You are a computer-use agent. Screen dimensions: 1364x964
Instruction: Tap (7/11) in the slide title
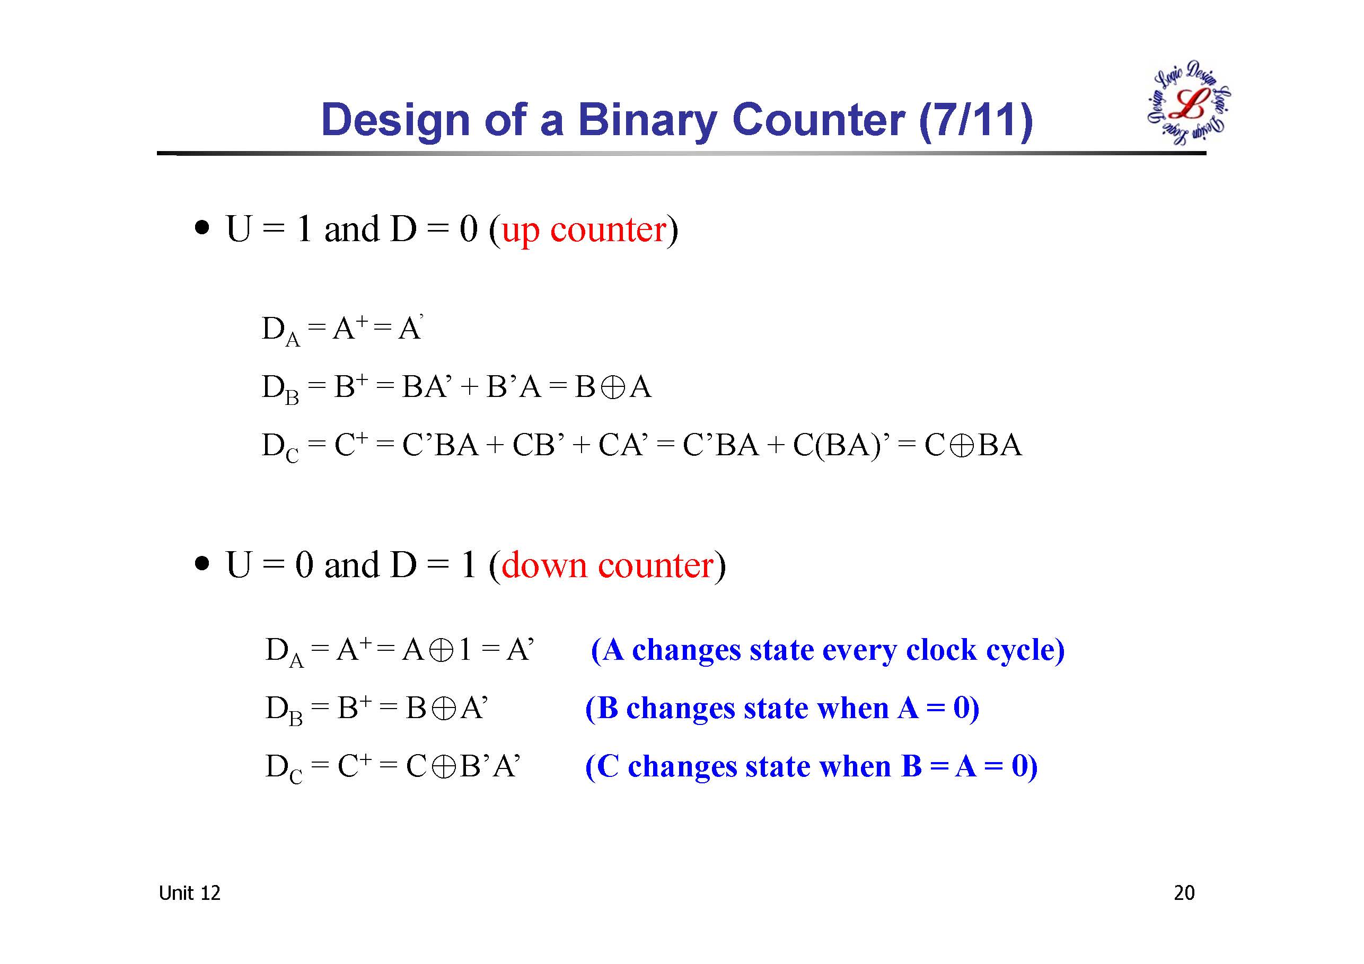coord(975,120)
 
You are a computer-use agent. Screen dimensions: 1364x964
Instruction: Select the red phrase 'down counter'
coord(608,565)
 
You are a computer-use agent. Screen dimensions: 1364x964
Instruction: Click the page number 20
coord(1184,893)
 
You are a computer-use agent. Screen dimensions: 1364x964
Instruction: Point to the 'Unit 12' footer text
coord(189,893)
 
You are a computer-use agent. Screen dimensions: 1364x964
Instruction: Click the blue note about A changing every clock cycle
coord(828,650)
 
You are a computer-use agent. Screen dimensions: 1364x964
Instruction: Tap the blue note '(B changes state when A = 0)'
coord(782,708)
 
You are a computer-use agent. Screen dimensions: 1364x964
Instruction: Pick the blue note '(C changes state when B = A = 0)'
coord(812,766)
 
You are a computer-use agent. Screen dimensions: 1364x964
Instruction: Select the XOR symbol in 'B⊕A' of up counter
coord(612,388)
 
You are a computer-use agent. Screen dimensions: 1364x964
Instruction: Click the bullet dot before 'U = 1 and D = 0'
coord(203,228)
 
